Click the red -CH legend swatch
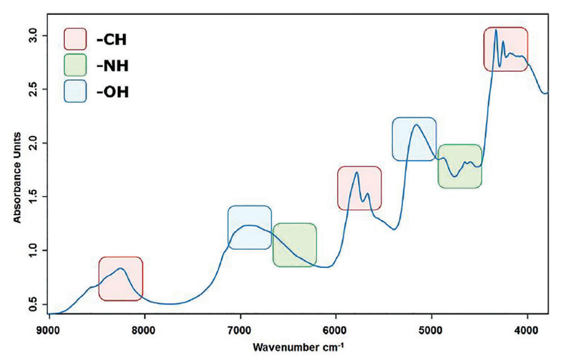tap(75, 39)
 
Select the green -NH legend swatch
tap(75, 65)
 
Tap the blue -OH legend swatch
tap(75, 91)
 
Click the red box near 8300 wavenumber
tap(121, 279)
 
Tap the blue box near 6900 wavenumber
tap(250, 227)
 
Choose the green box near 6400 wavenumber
tap(295, 245)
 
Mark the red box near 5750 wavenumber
tap(359, 188)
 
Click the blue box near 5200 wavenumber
tap(414, 139)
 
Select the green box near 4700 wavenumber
tap(460, 166)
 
